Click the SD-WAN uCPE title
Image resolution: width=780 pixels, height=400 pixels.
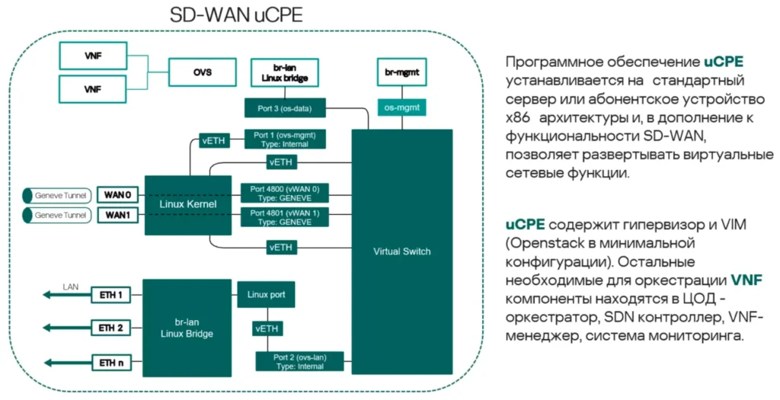click(x=236, y=16)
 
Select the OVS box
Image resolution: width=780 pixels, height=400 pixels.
click(x=202, y=73)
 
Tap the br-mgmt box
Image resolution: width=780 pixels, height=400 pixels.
click(x=401, y=74)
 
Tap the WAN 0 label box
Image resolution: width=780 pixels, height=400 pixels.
click(x=118, y=195)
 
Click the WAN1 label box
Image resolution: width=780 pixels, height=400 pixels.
click(x=118, y=216)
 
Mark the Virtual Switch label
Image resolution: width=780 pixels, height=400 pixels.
click(x=401, y=251)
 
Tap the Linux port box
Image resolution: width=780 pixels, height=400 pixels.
click(x=266, y=293)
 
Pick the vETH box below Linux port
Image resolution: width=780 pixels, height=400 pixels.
click(x=266, y=328)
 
